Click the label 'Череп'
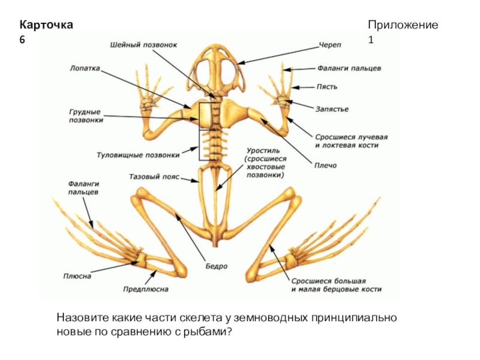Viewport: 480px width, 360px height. pos(330,45)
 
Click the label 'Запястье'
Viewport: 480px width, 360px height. pos(332,109)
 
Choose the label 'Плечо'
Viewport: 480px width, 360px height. pos(324,165)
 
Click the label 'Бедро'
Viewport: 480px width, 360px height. pos(217,266)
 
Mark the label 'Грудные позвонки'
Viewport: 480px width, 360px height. pos(85,116)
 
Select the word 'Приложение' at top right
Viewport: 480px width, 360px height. pos(403,25)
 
